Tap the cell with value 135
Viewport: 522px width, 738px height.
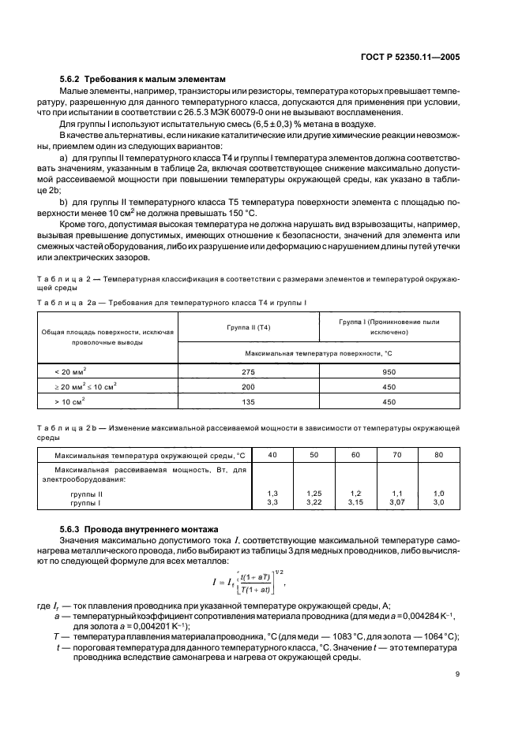(x=247, y=401)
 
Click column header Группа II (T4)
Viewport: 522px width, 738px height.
(x=247, y=326)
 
